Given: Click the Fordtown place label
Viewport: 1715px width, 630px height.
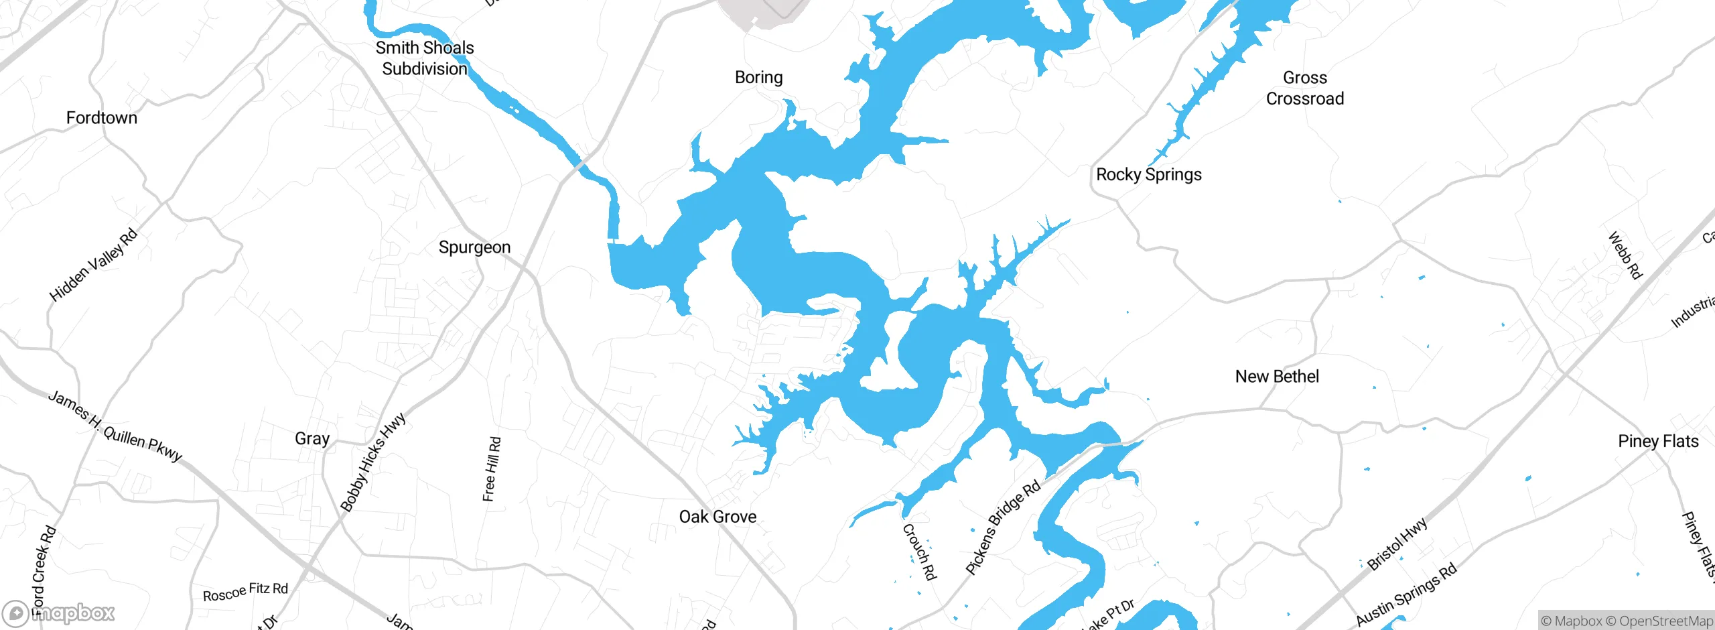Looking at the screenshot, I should pos(102,118).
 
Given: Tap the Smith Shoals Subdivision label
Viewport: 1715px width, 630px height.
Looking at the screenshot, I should pos(425,58).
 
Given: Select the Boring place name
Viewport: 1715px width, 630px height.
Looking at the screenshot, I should pos(758,78).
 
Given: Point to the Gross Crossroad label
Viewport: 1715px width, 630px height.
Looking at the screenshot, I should pos(1304,88).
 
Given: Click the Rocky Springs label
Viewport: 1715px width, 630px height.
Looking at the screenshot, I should pos(1148,175).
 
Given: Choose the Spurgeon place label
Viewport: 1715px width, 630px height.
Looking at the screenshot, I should pos(474,247).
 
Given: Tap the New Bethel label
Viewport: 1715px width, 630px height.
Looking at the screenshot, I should pos(1277,377).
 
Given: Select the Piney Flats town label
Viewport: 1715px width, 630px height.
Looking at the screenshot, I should pos(1658,441).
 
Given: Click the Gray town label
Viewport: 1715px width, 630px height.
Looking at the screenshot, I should pos(312,439).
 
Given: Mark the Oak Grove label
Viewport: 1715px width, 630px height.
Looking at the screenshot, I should pos(717,517).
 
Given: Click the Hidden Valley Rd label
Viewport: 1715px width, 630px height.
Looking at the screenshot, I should pos(93,265).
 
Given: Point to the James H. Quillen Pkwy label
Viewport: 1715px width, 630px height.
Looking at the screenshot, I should pos(115,427).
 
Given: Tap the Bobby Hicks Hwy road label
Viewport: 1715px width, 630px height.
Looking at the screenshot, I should pos(373,462).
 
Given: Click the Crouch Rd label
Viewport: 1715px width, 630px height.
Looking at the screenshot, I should pos(918,552).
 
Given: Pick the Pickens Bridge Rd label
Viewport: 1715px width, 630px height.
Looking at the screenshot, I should pos(1003,527).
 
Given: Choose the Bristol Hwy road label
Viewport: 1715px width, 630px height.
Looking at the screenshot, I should pos(1397,544).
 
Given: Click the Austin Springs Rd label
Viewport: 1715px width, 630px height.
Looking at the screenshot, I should pos(1406,594).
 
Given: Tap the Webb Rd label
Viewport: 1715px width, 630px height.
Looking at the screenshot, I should pos(1625,255).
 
